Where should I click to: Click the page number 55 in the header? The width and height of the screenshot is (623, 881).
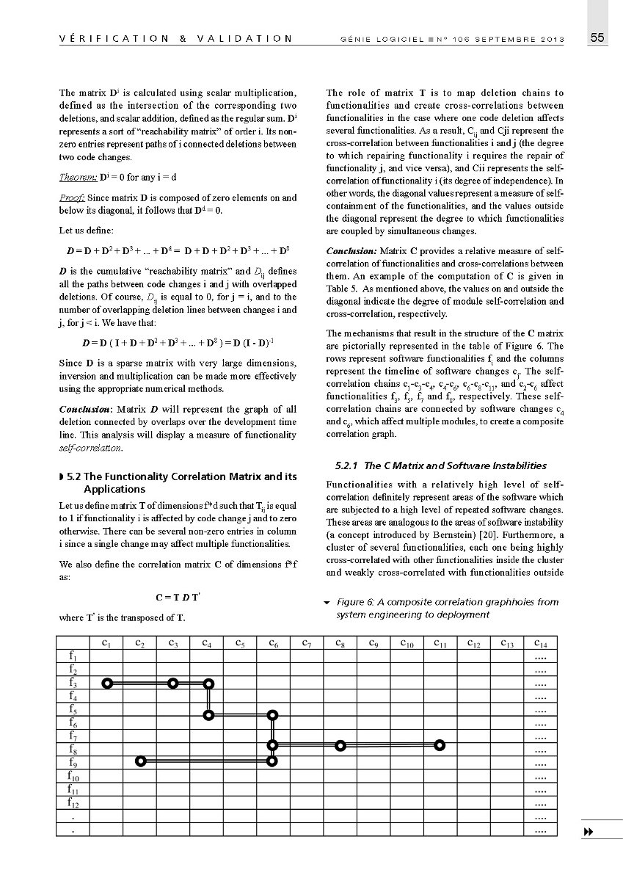(597, 38)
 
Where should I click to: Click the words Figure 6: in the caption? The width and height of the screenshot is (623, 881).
(355, 602)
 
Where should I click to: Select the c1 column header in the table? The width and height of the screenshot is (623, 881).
(107, 644)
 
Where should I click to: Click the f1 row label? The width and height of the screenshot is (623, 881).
(73, 655)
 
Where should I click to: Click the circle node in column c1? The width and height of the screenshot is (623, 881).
(107, 684)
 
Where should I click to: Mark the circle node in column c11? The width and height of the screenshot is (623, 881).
(440, 745)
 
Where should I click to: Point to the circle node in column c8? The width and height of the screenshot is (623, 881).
(340, 745)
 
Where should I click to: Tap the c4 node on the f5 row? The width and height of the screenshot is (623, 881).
(209, 714)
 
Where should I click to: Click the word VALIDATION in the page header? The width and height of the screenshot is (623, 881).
(243, 39)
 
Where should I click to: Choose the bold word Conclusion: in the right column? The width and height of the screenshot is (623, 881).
(351, 252)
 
